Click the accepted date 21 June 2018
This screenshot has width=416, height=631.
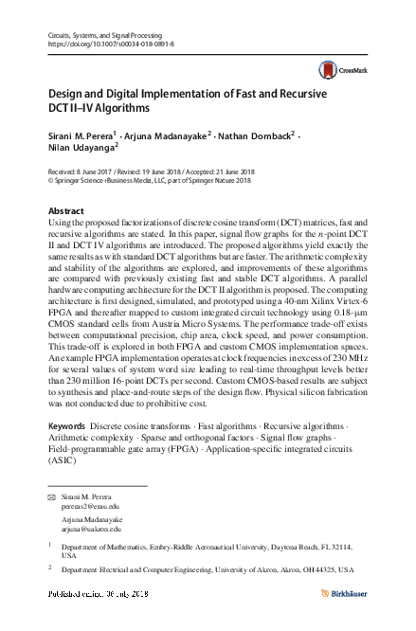pyautogui.click(x=230, y=171)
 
